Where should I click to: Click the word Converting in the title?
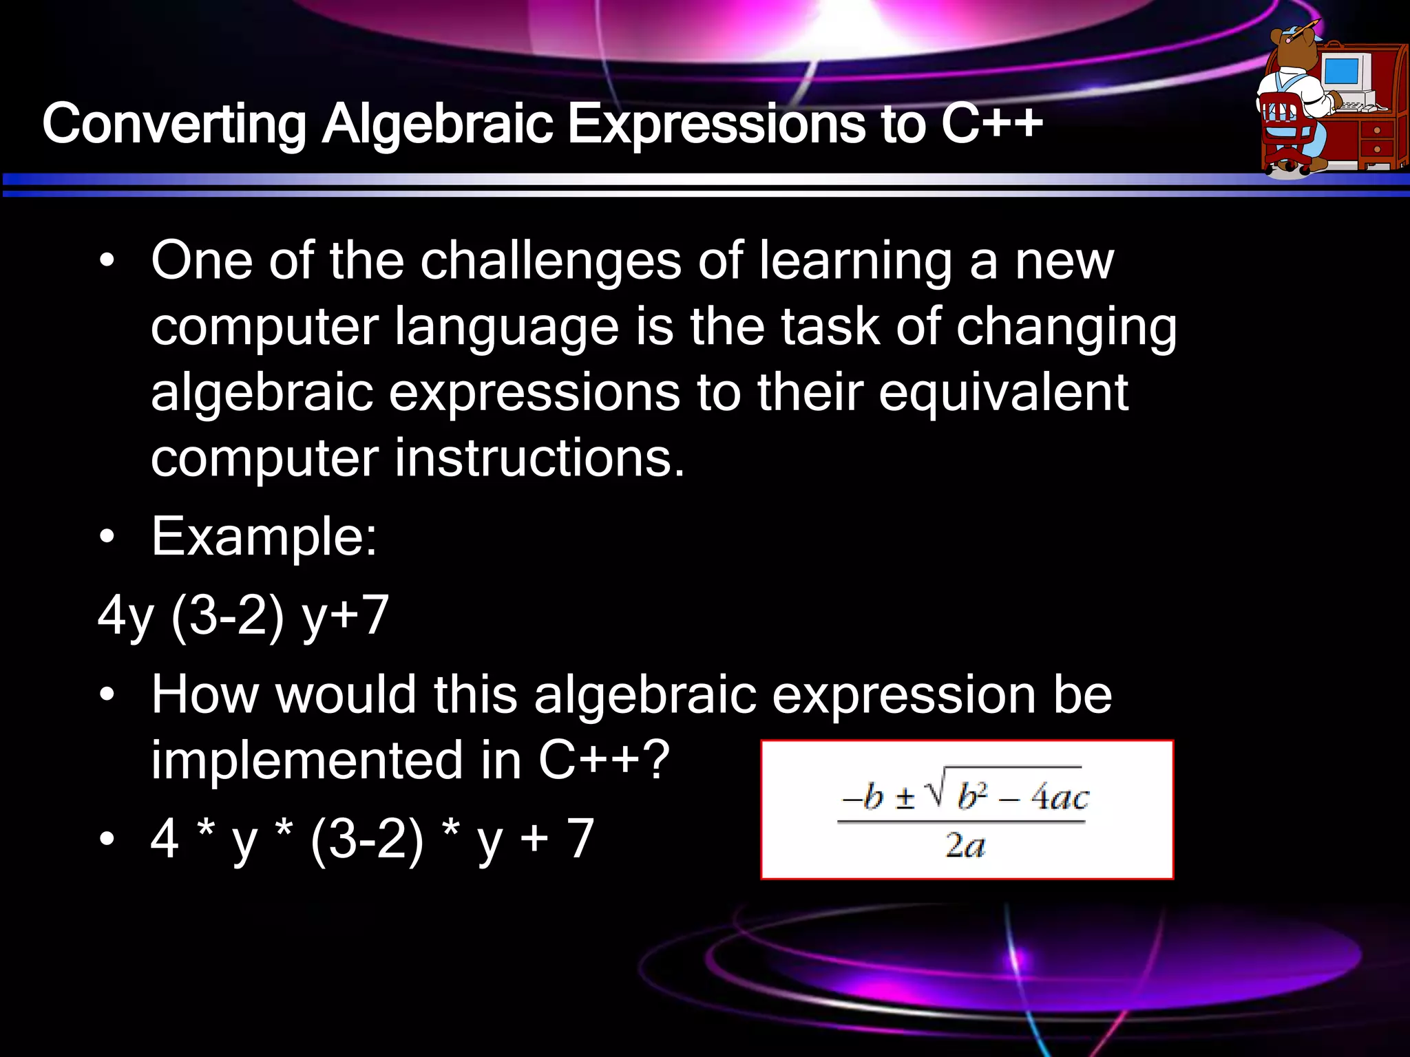pyautogui.click(x=174, y=125)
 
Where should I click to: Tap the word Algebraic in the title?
pyautogui.click(x=438, y=125)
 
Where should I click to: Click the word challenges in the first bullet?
pyautogui.click(x=551, y=261)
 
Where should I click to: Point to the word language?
pyautogui.click(x=507, y=327)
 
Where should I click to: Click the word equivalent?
pyautogui.click(x=1003, y=392)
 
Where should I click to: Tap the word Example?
pyautogui.click(x=264, y=537)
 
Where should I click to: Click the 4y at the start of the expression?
pyautogui.click(x=126, y=616)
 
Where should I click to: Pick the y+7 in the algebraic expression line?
pyautogui.click(x=346, y=616)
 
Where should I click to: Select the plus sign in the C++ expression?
pyautogui.click(x=534, y=839)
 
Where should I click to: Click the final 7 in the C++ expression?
pyautogui.click(x=580, y=839)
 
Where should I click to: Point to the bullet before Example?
pyautogui.click(x=107, y=537)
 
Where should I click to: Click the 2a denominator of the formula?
pyautogui.click(x=965, y=845)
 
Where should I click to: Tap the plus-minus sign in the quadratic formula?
pyautogui.click(x=905, y=798)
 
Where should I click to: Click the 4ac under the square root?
pyautogui.click(x=1059, y=798)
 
